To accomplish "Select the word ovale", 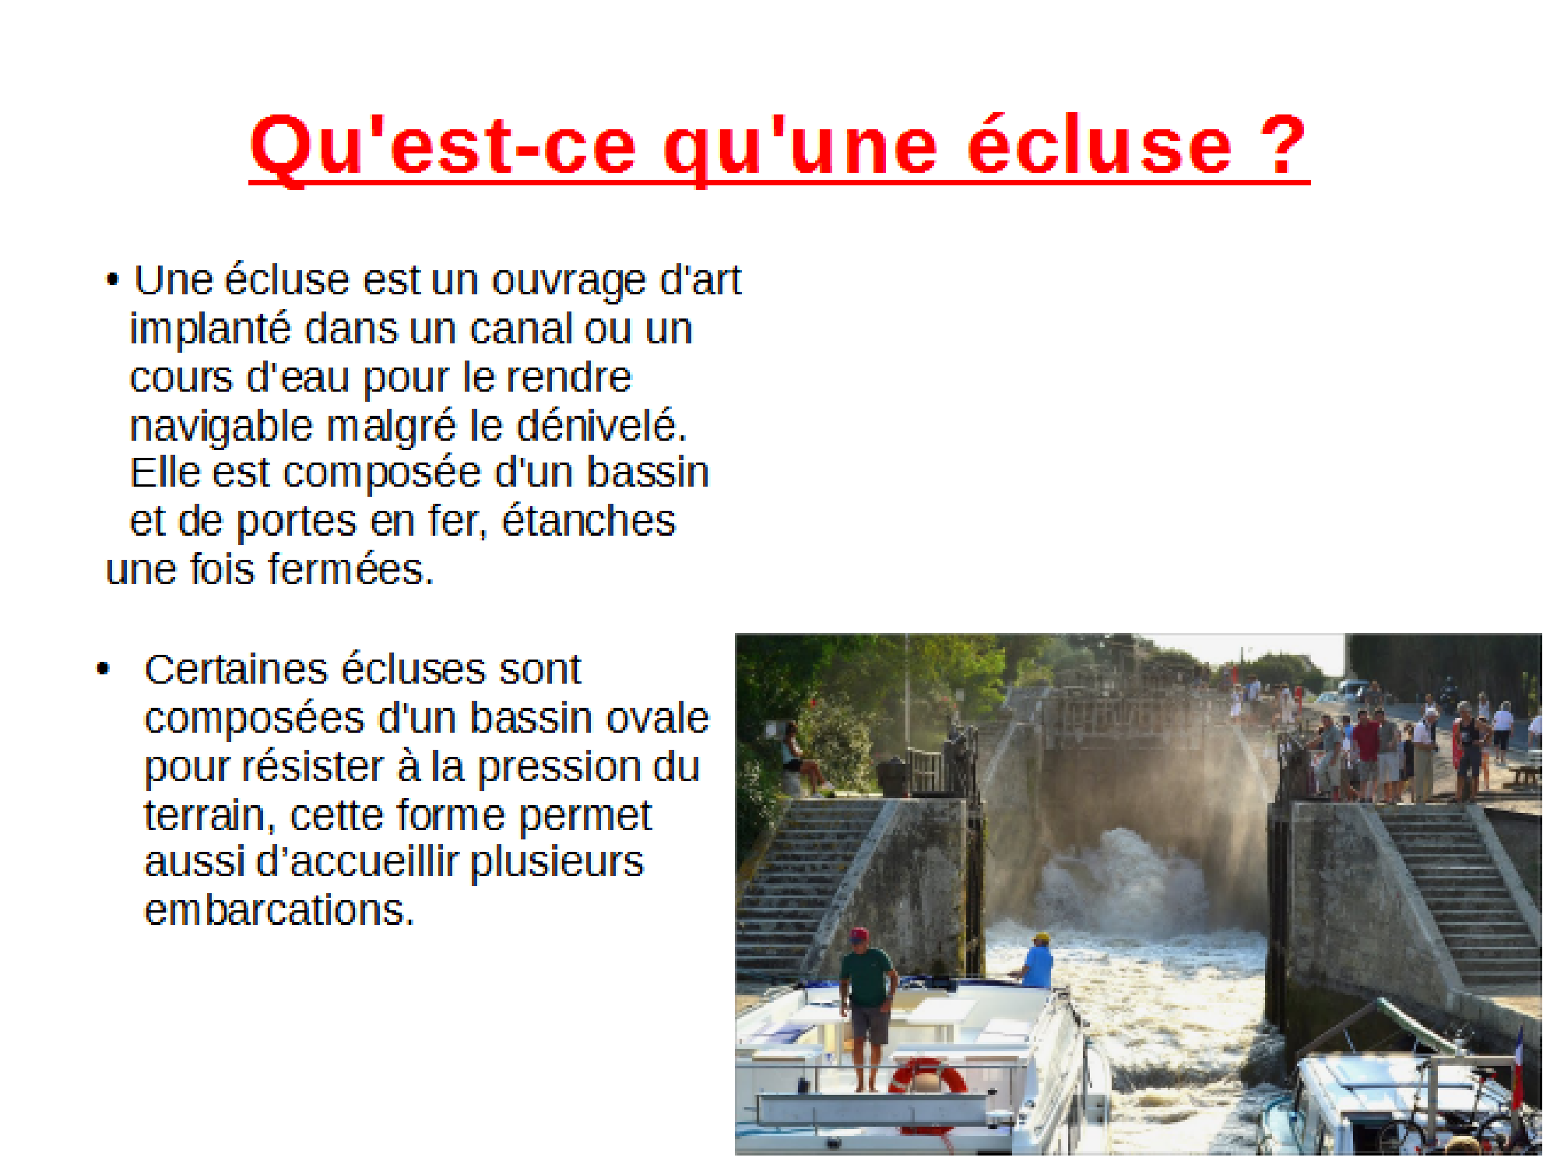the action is pos(658,718).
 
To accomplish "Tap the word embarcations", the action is pos(279,909).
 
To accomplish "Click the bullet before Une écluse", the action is pos(113,280).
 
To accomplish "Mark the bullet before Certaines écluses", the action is pos(103,669).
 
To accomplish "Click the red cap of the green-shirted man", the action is pos(859,934).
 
